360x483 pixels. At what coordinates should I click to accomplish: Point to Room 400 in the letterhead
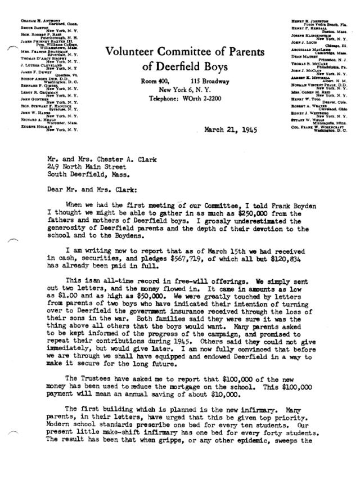tap(154, 82)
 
